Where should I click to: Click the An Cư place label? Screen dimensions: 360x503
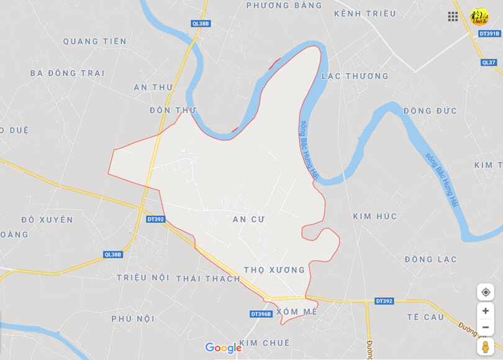(248, 219)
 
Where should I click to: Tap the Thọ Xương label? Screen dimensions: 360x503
(274, 270)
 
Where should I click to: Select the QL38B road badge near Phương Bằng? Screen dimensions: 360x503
(201, 24)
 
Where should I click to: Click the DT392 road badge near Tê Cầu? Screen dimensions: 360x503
(384, 301)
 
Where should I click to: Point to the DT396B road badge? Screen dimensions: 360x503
(261, 314)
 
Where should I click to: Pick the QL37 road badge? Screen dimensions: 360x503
(489, 62)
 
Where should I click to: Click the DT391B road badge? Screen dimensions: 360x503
(489, 34)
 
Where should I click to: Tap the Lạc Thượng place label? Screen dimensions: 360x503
(355, 76)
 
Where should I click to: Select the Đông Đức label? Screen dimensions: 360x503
(430, 111)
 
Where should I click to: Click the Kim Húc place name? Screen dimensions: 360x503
(374, 217)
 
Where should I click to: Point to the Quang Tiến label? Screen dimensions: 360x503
(94, 42)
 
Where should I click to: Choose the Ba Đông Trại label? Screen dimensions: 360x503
(67, 73)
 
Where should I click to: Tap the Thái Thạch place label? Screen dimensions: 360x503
(207, 278)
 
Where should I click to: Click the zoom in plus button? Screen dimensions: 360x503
(486, 311)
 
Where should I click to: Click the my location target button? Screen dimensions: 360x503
(486, 292)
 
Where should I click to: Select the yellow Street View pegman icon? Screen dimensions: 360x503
(486, 347)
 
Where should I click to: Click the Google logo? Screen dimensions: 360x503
(223, 348)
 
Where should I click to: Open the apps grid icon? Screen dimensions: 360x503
(453, 17)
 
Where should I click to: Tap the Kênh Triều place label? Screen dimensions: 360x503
(365, 14)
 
